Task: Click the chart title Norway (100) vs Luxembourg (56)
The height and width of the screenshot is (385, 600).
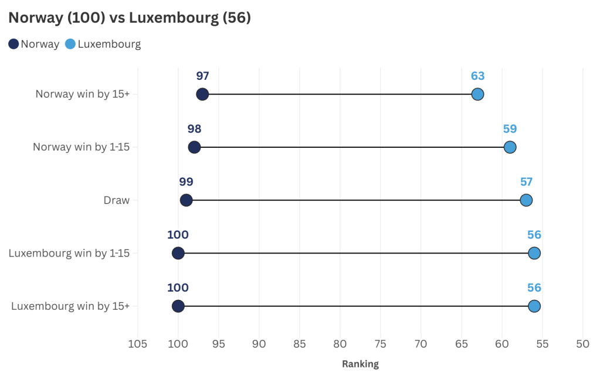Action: pos(130,18)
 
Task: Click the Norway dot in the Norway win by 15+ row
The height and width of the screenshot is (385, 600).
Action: pos(202,94)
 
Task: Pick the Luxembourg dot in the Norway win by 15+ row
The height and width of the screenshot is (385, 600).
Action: pos(477,94)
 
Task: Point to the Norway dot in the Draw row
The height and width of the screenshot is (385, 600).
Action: pos(186,200)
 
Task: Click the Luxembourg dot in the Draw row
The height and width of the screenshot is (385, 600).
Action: pos(526,200)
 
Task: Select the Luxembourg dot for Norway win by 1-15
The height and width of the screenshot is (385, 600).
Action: pos(510,147)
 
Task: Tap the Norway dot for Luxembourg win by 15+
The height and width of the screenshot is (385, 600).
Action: pos(178,306)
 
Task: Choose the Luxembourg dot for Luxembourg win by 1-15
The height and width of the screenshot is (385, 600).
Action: pos(534,253)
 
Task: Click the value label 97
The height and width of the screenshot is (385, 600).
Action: pos(202,76)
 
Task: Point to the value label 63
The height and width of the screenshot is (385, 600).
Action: pos(477,76)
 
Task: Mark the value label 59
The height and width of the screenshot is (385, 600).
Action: pos(510,129)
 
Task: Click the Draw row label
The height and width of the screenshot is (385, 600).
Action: pos(116,201)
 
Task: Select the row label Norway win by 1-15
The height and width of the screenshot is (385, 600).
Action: pos(81,147)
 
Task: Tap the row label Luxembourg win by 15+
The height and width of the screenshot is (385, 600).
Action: pos(70,306)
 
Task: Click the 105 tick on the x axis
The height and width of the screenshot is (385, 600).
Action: pos(138,344)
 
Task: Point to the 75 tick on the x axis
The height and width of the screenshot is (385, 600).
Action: pos(381,344)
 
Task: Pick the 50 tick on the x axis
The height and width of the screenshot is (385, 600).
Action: pos(582,344)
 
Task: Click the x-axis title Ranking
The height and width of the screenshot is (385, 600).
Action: pos(360,364)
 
